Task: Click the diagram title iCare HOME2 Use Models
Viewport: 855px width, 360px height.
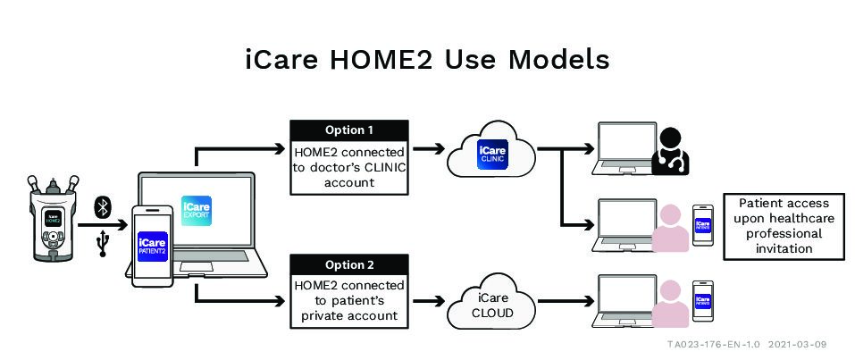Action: [x=427, y=59]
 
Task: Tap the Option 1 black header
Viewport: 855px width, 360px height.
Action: [x=349, y=130]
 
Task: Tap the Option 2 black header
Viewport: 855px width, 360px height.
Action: [x=349, y=264]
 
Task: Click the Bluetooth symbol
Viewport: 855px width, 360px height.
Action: [x=103, y=207]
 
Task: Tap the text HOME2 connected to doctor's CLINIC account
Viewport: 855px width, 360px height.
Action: [x=349, y=166]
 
